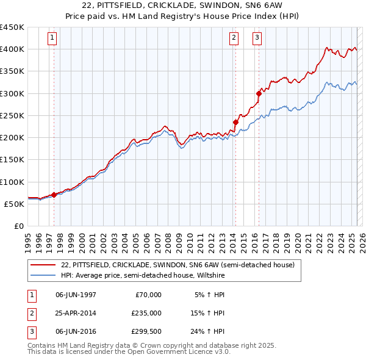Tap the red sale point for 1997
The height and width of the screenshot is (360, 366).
pos(54,195)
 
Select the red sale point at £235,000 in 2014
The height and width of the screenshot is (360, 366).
pos(235,122)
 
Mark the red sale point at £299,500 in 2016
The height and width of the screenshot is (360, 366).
pos(259,93)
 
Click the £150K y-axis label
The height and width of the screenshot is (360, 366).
pos(12,160)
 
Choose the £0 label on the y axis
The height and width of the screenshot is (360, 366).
pos(19,226)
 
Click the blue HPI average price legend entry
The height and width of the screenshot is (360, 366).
pos(143,275)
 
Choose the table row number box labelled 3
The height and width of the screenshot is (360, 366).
pos(30,333)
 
